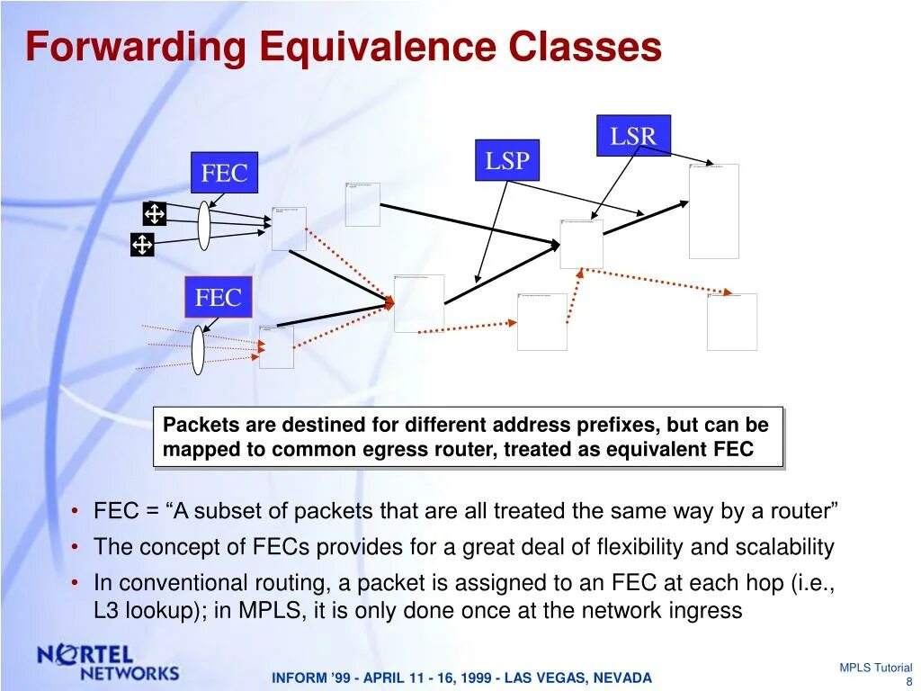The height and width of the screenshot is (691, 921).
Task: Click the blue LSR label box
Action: pyautogui.click(x=633, y=136)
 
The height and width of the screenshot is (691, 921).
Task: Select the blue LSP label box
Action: pyautogui.click(x=507, y=160)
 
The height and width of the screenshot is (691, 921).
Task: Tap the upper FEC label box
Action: pyautogui.click(x=224, y=173)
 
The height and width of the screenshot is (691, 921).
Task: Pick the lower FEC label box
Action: pyautogui.click(x=219, y=298)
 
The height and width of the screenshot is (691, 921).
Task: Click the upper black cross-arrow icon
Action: pyautogui.click(x=155, y=213)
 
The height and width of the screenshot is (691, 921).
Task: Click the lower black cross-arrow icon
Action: pyautogui.click(x=142, y=244)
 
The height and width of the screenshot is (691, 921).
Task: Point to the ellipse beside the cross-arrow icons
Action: pyautogui.click(x=204, y=225)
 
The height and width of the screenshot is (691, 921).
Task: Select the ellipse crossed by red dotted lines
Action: pyautogui.click(x=198, y=350)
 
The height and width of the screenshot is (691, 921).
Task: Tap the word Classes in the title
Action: pyautogui.click(x=585, y=47)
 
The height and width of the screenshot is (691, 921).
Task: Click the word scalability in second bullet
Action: pyautogui.click(x=784, y=547)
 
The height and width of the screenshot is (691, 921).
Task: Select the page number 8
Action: pyautogui.click(x=908, y=681)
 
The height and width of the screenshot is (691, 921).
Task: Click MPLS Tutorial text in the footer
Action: pyautogui.click(x=875, y=668)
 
